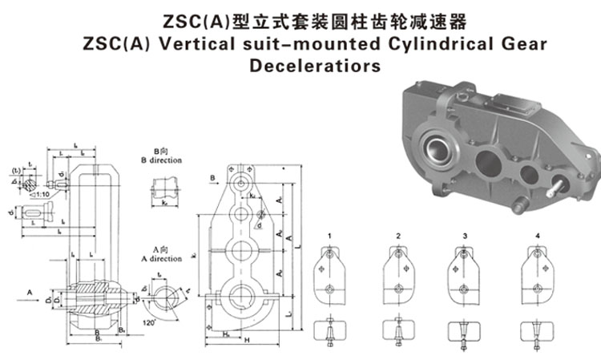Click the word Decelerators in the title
tap(314, 66)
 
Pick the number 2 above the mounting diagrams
tap(398, 236)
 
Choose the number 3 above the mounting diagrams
tap(465, 236)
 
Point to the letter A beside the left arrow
tap(29, 293)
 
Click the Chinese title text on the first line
tap(314, 18)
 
